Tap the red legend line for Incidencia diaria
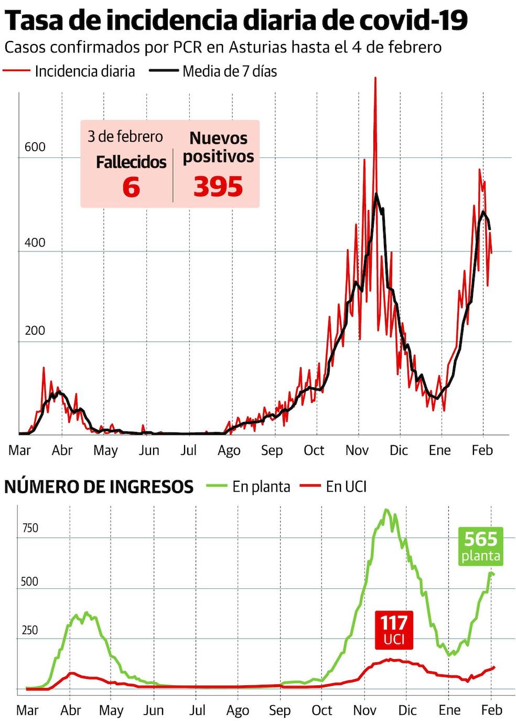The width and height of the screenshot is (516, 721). pos(16,70)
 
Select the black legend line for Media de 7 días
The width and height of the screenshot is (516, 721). pos(163,70)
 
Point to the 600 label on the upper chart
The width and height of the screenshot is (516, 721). pos(35,147)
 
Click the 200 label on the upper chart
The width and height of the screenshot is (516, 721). pos(35,331)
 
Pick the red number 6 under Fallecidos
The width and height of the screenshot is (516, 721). pos(131,187)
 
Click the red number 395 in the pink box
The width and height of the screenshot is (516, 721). pos(218,187)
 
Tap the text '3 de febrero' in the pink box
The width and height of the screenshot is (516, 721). pos(125,137)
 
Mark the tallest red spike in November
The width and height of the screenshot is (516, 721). pos(375,79)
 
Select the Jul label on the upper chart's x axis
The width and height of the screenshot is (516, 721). pos(188,450)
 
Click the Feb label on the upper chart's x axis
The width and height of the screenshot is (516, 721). pos(482,450)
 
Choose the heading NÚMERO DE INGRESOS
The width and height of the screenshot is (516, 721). pos(99,487)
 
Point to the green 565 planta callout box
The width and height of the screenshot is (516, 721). pos(481,546)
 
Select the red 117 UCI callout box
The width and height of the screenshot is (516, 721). pos(394,630)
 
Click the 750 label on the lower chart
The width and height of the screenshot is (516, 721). pos(30,528)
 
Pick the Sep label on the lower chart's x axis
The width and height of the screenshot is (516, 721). pos(279,711)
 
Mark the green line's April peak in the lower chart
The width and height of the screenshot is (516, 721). pos(86,613)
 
